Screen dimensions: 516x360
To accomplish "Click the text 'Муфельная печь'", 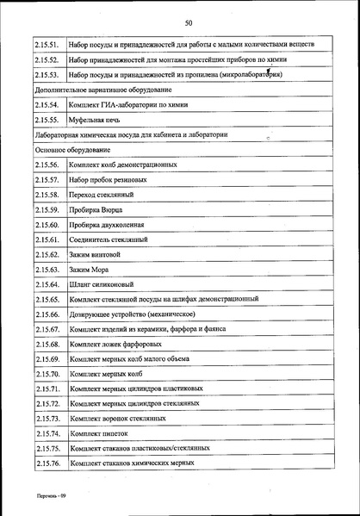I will pos(92,120).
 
